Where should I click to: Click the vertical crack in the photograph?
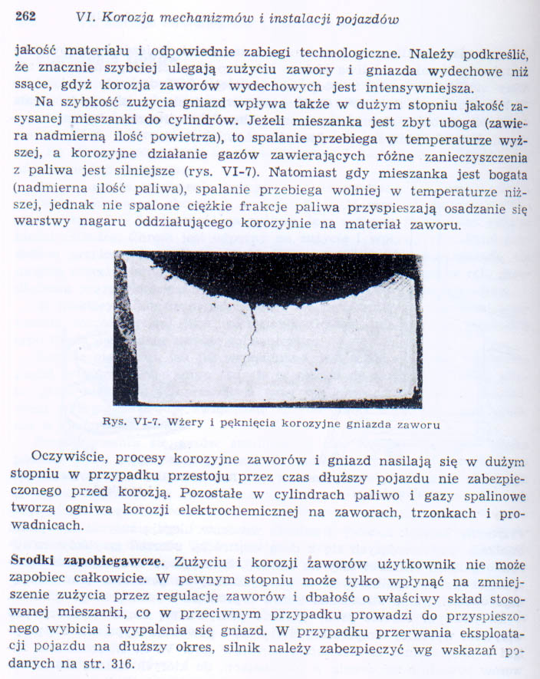pyautogui.click(x=250, y=330)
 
